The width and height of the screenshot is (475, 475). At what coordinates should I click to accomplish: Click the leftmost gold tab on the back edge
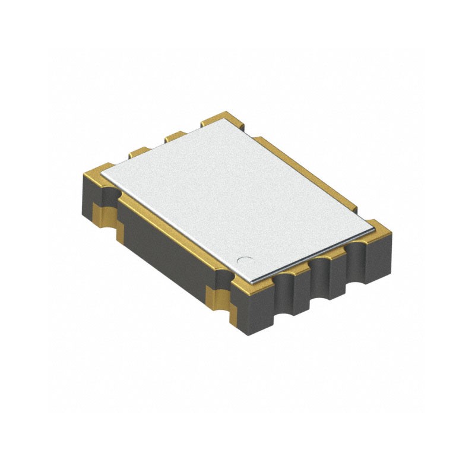[140, 152]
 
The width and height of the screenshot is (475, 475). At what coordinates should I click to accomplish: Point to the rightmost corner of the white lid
[376, 223]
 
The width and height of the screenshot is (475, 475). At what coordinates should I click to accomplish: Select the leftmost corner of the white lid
[101, 172]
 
